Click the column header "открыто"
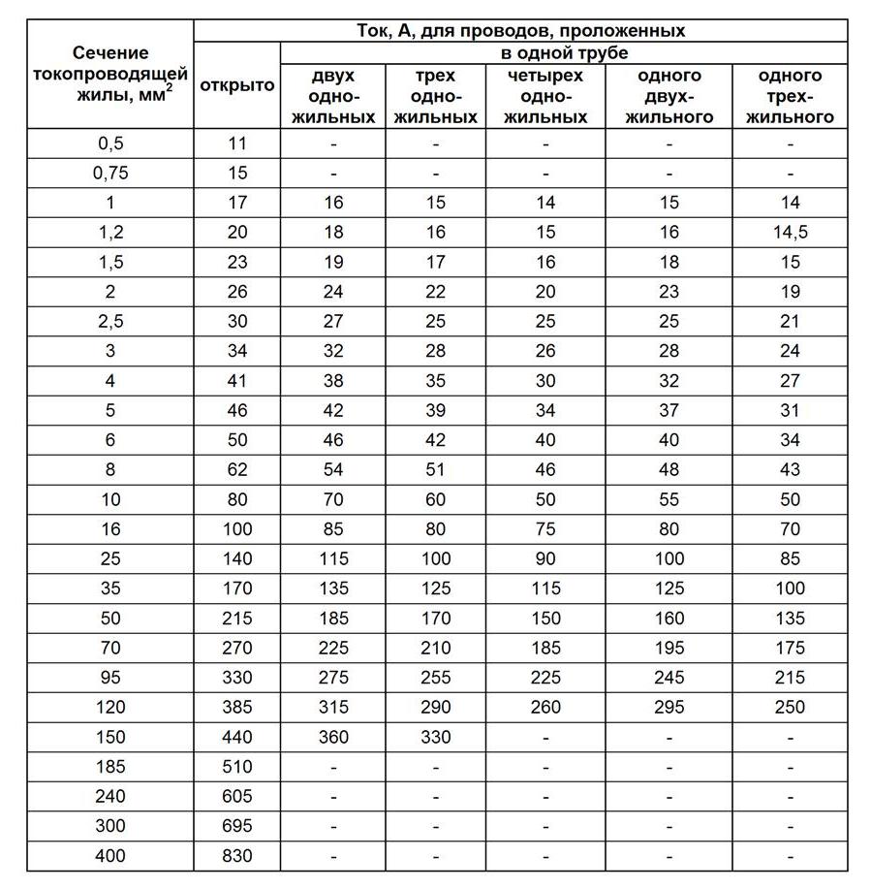[x=237, y=85]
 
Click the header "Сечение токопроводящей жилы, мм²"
[x=110, y=75]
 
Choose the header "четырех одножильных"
[x=545, y=96]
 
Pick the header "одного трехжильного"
[x=790, y=96]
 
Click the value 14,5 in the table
[x=790, y=233]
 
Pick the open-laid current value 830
[x=237, y=856]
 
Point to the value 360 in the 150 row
[x=333, y=737]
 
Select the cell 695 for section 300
[x=237, y=826]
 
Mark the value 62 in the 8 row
[x=237, y=470]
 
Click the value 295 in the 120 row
[x=669, y=708]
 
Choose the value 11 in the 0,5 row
[x=237, y=143]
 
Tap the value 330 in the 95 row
[x=237, y=678]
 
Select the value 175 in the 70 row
[x=790, y=648]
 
